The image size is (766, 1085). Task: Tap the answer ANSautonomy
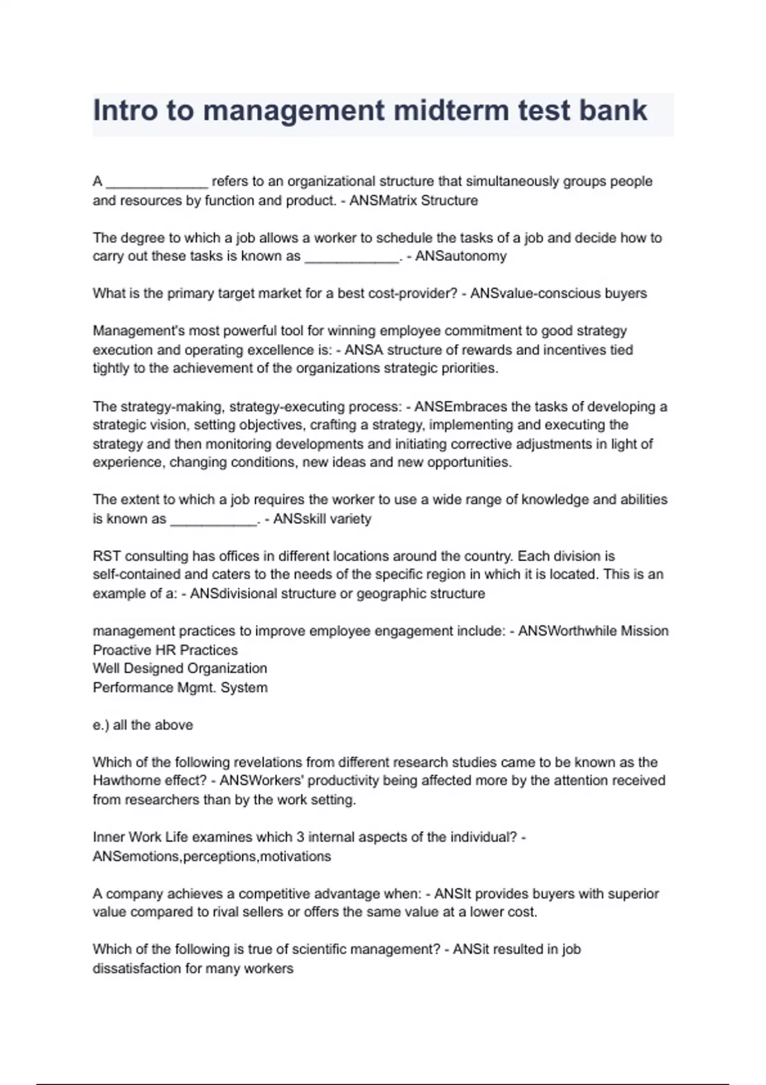click(461, 257)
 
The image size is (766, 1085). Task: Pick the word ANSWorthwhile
click(559, 631)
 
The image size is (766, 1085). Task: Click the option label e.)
click(101, 725)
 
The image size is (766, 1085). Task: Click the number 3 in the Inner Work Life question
click(300, 837)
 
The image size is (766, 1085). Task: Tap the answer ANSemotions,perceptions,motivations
click(212, 857)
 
